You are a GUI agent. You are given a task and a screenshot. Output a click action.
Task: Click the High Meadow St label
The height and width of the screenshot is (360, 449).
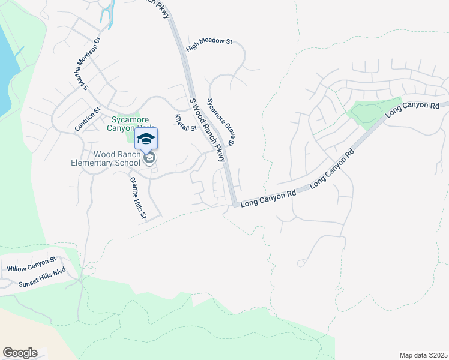click(209, 44)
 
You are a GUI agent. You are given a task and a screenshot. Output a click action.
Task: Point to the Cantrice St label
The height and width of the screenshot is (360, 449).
click(87, 119)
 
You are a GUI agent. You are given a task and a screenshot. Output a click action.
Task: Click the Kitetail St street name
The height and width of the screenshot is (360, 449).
click(186, 122)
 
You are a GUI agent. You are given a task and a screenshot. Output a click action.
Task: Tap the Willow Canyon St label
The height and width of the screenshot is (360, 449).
click(31, 264)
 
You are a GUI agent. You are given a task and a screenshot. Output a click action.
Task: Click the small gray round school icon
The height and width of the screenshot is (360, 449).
click(149, 158)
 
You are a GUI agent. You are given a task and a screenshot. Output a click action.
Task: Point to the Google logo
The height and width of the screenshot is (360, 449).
click(20, 353)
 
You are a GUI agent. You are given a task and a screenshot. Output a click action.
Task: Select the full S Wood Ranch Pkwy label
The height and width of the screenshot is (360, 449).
click(206, 130)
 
